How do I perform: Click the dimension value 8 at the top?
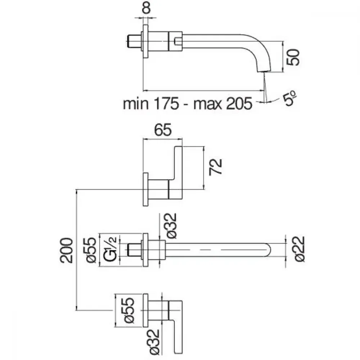(146, 8)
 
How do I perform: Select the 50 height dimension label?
(293, 57)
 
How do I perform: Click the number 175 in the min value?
(166, 104)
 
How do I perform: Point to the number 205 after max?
(239, 104)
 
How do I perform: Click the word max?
(208, 104)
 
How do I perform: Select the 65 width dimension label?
(163, 130)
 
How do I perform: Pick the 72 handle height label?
(216, 167)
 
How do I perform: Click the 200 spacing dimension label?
(66, 250)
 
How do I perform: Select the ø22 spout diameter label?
(300, 249)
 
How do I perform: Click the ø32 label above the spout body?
(171, 226)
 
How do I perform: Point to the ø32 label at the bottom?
(154, 342)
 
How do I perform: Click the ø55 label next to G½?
(91, 250)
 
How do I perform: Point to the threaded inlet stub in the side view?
(134, 41)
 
